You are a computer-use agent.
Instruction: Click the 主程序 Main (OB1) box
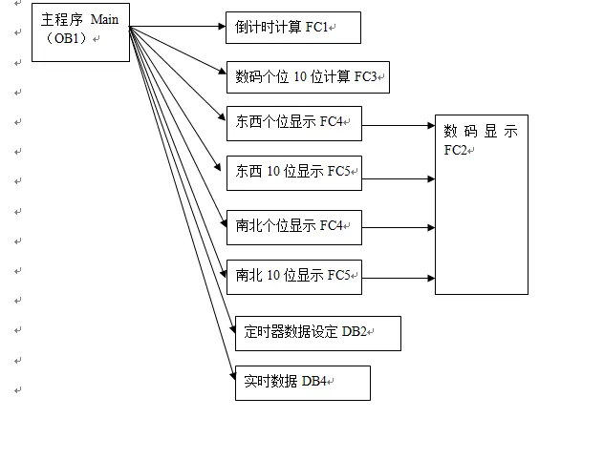[x=80, y=33]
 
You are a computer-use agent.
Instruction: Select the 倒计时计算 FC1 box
[x=293, y=28]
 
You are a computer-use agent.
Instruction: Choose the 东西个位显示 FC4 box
[x=294, y=122]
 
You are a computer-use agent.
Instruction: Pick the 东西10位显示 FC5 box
[x=294, y=172]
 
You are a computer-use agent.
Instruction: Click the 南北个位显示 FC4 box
[x=294, y=227]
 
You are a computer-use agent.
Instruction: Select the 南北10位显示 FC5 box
[x=294, y=277]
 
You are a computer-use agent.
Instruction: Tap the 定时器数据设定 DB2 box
[x=317, y=333]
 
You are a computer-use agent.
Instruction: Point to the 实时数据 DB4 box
[x=302, y=383]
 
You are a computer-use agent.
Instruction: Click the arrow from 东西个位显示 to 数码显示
[x=399, y=125]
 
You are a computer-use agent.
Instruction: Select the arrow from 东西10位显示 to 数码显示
[x=399, y=178]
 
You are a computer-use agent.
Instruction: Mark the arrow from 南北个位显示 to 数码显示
[x=399, y=228]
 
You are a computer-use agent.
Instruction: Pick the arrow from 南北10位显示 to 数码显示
[x=399, y=279]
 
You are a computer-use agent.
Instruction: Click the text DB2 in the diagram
[x=355, y=331]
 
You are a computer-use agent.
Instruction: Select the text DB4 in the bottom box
[x=315, y=382]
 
